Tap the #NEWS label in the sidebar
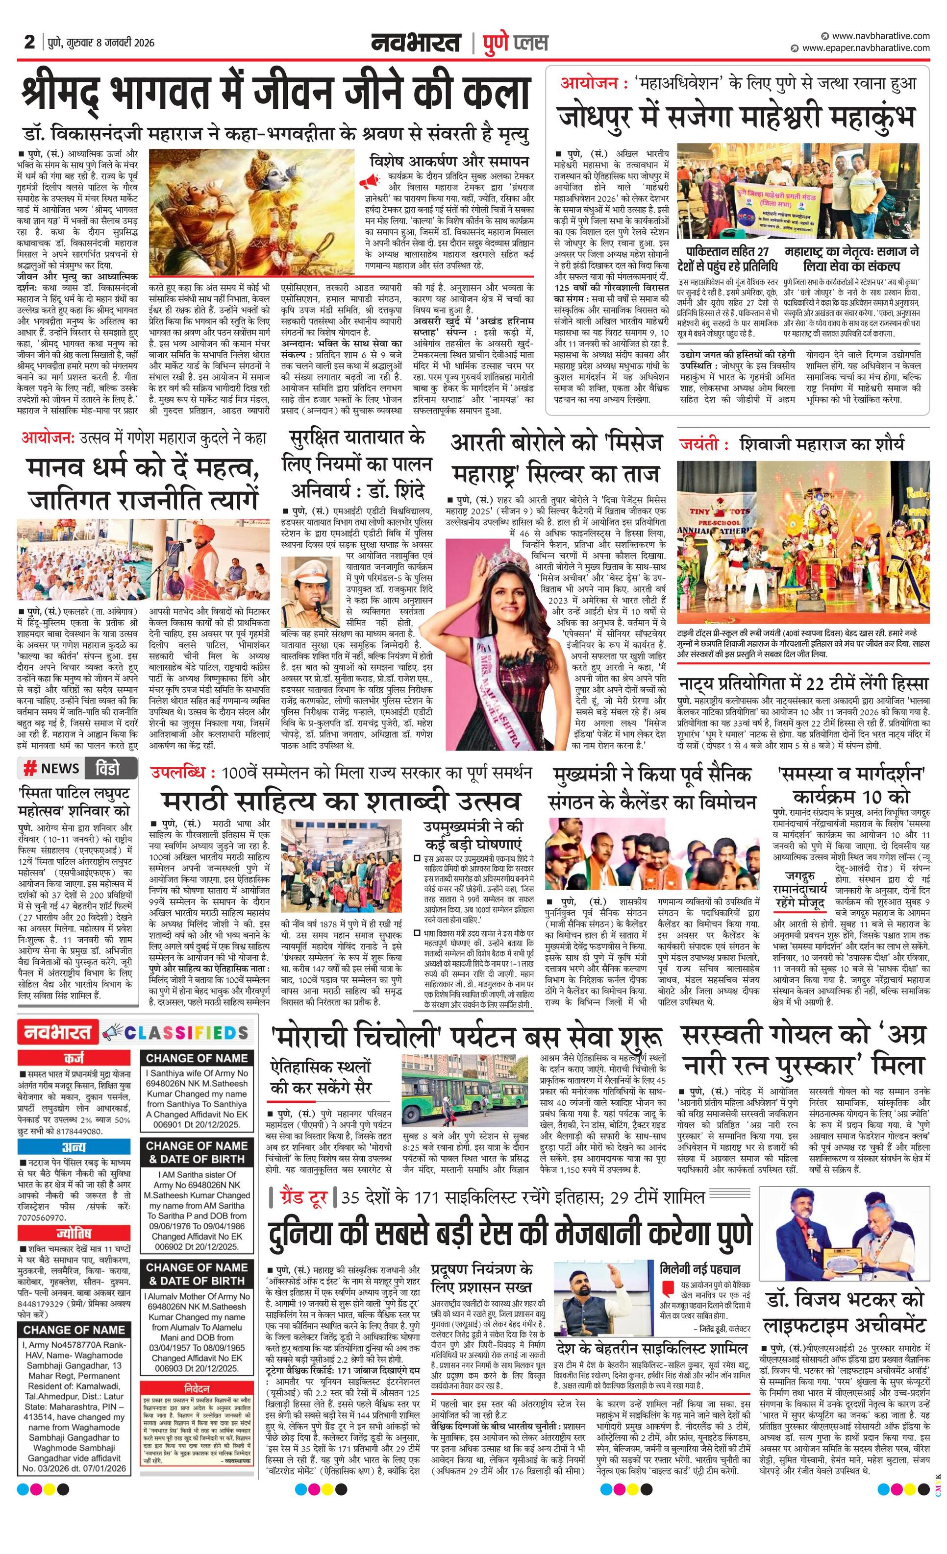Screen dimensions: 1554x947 click(x=51, y=768)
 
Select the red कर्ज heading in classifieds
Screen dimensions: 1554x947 click(x=75, y=1058)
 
